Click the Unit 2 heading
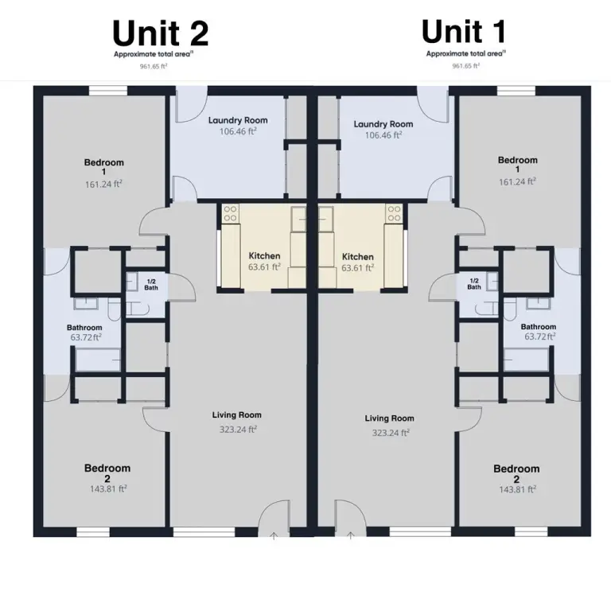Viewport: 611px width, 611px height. click(x=161, y=33)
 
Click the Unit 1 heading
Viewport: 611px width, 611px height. click(x=464, y=32)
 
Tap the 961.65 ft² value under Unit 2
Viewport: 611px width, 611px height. click(x=154, y=66)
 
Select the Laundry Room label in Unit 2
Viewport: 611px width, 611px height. click(x=238, y=120)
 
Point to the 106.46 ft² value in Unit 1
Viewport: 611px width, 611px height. click(x=383, y=134)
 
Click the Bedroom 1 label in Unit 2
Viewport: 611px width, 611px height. click(x=104, y=167)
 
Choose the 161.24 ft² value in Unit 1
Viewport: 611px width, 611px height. click(x=517, y=181)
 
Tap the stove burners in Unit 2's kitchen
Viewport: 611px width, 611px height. click(x=230, y=213)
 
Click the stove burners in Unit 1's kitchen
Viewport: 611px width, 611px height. click(x=394, y=213)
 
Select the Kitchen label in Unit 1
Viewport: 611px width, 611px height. click(x=358, y=257)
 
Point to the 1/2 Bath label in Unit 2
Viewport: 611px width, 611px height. click(x=151, y=285)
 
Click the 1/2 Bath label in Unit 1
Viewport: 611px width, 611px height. click(x=474, y=284)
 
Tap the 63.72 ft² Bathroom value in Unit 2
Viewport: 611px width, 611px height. click(x=86, y=337)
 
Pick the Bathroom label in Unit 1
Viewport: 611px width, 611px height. click(x=539, y=326)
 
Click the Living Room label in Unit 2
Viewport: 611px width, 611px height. click(x=237, y=415)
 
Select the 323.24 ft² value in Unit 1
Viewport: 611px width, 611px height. click(x=391, y=433)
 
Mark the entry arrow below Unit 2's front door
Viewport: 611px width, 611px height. click(x=274, y=536)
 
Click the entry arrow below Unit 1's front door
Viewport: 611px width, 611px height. click(x=351, y=535)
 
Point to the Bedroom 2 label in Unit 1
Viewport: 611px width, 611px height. click(x=516, y=473)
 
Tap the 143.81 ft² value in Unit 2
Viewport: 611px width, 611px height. click(x=108, y=488)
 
